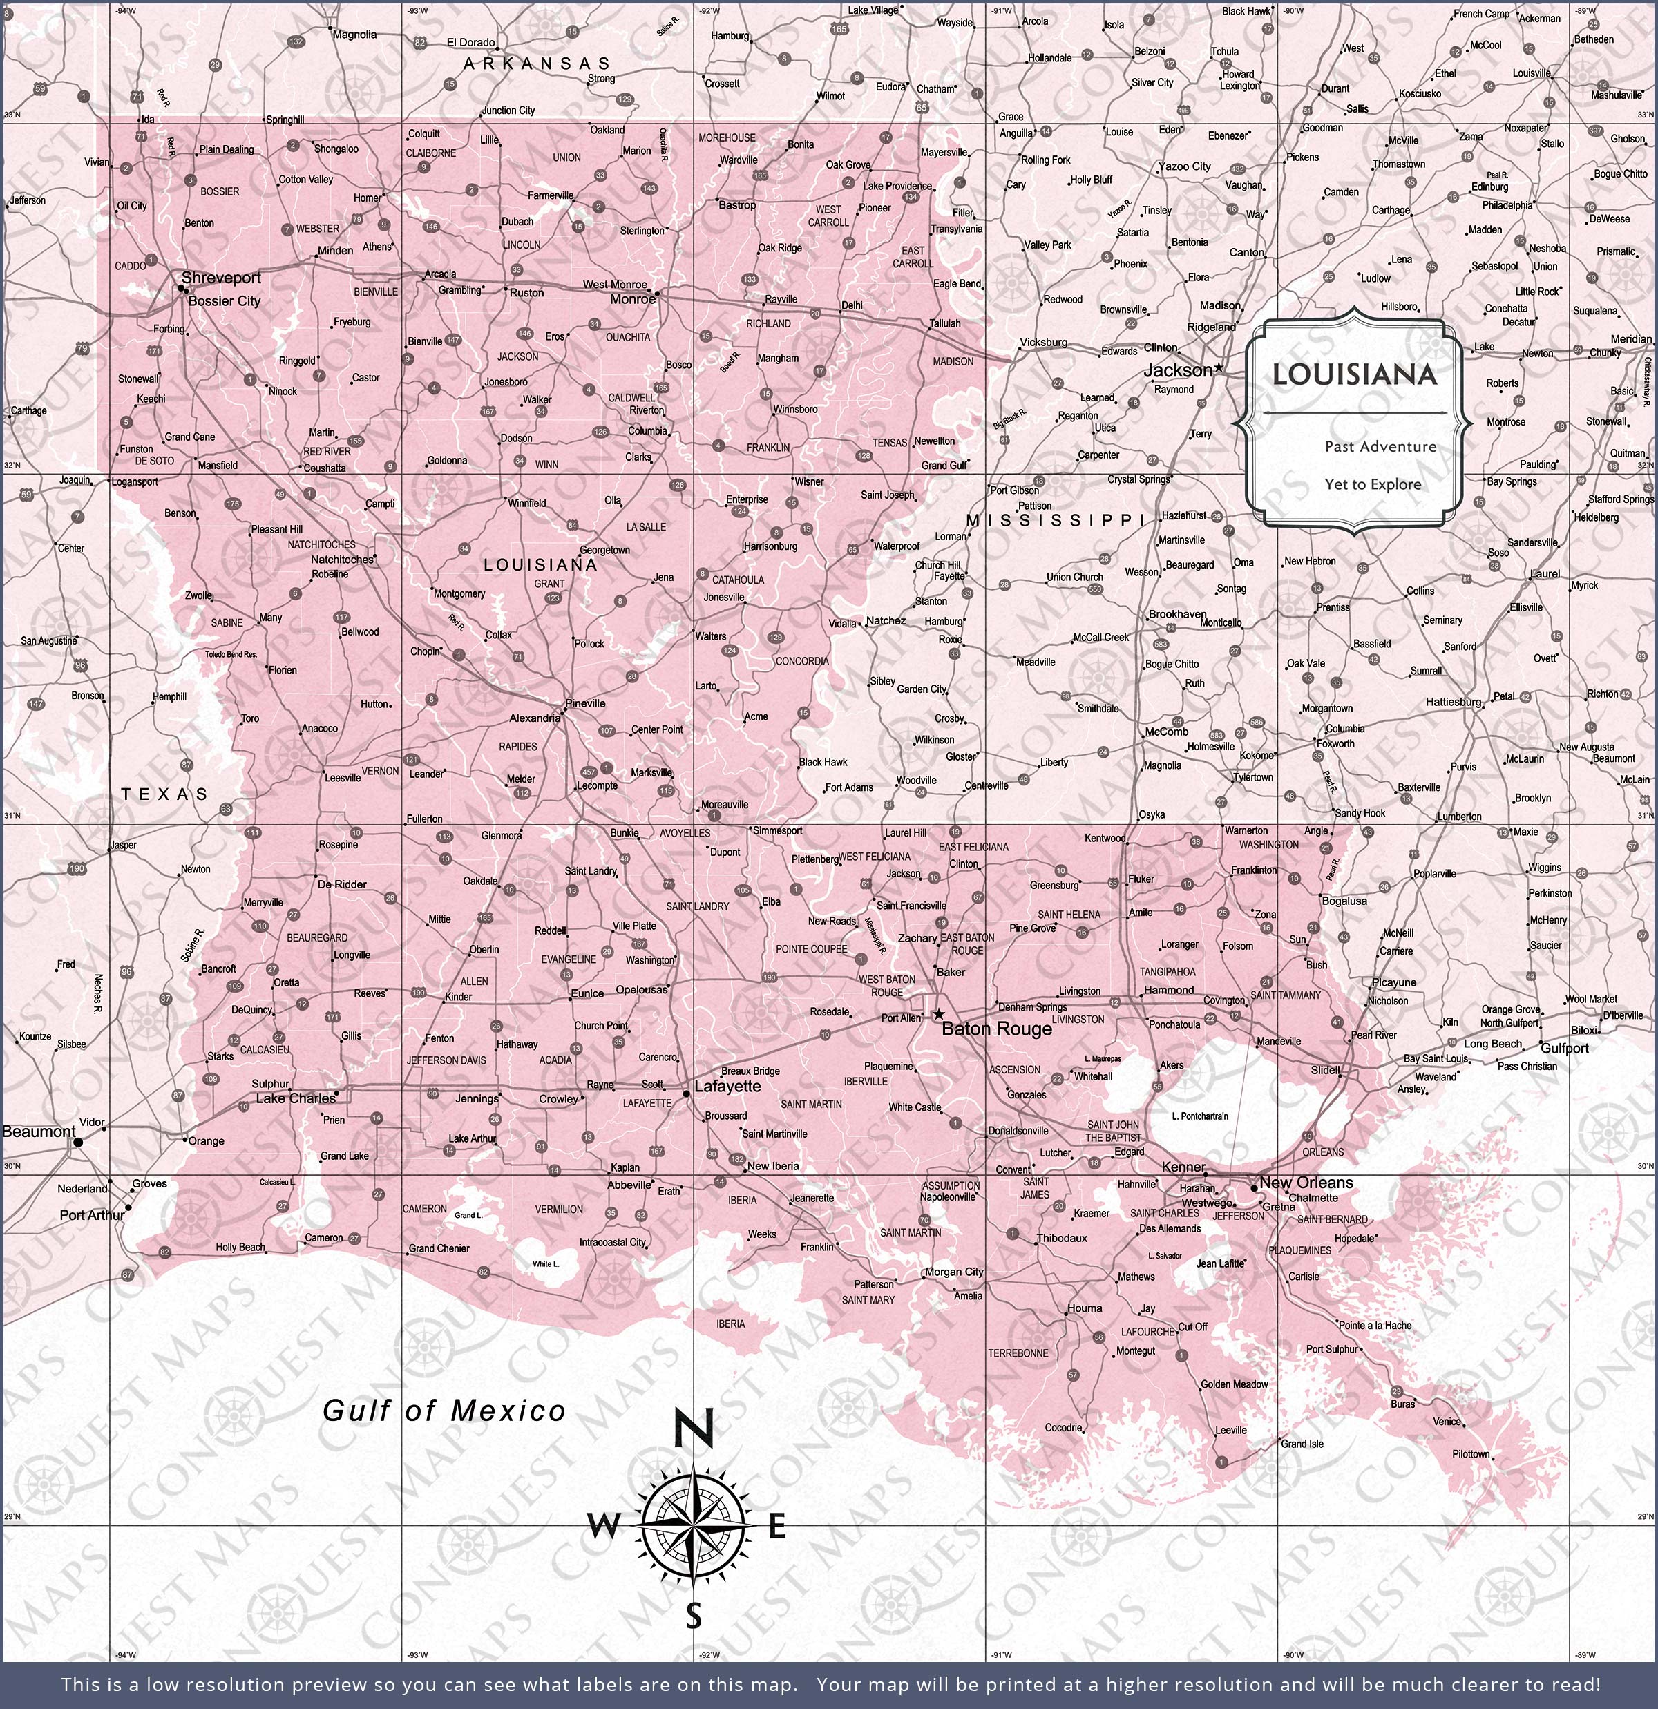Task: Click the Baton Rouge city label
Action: click(996, 1029)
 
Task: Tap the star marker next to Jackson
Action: click(1219, 368)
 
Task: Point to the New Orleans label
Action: click(1306, 1183)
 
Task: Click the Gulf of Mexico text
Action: click(444, 1411)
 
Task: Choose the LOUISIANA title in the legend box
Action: click(1353, 375)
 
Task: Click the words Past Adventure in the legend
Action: click(1380, 446)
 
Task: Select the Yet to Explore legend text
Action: click(1373, 485)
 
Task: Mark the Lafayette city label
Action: click(727, 1087)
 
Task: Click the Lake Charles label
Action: click(296, 1098)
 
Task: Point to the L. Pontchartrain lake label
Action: click(1199, 1116)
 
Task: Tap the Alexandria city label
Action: click(535, 718)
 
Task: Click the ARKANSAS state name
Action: click(537, 64)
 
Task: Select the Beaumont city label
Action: click(39, 1132)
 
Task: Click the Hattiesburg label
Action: click(1453, 702)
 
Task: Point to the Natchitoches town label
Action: click(341, 559)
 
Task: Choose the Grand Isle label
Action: click(1302, 1444)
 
